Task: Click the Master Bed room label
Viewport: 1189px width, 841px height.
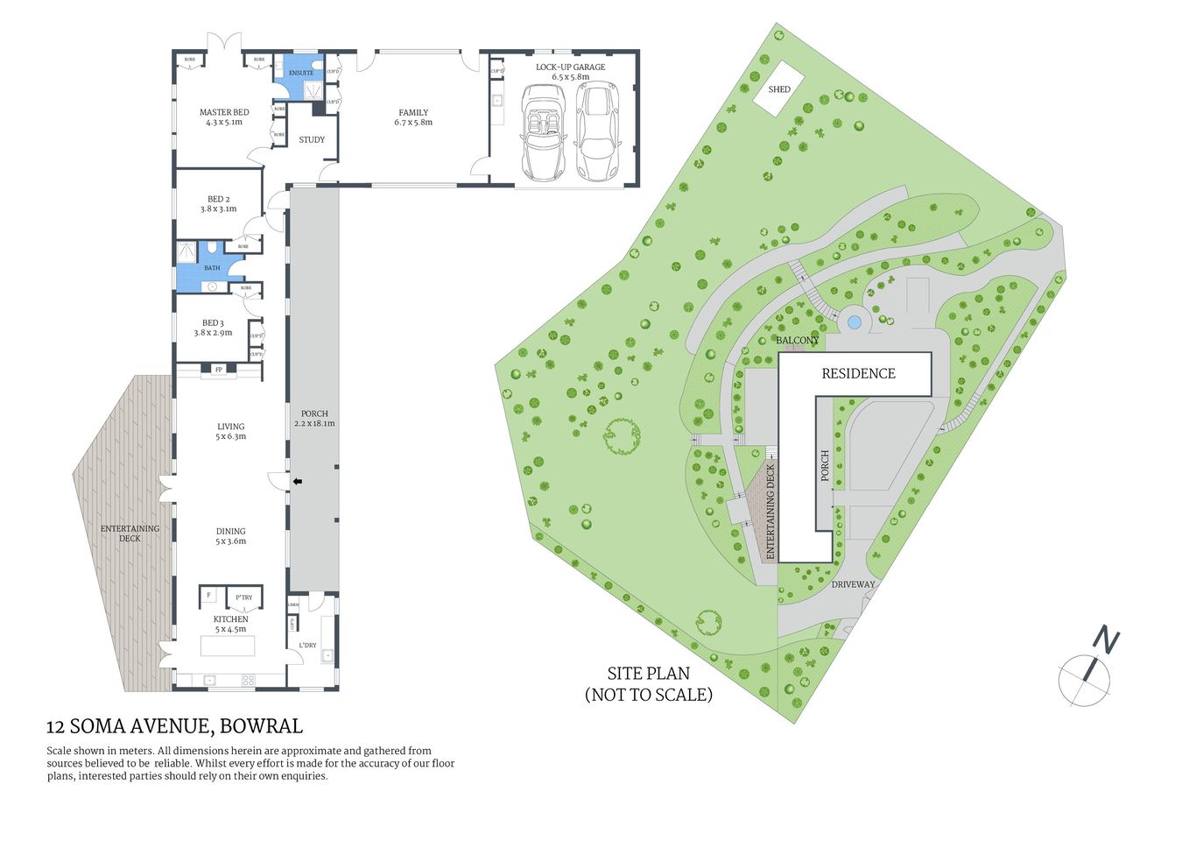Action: pyautogui.click(x=224, y=117)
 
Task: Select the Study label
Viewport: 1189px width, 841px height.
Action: pyautogui.click(x=312, y=140)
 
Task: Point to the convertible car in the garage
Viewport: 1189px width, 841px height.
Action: pyautogui.click(x=542, y=131)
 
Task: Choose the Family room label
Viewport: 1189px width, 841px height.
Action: pyautogui.click(x=413, y=117)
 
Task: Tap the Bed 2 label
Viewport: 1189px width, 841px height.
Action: pyautogui.click(x=218, y=204)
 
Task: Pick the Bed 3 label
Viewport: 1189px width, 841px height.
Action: pyautogui.click(x=213, y=328)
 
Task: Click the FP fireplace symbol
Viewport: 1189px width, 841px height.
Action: pyautogui.click(x=219, y=370)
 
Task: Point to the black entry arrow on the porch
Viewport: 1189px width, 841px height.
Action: pyautogui.click(x=297, y=481)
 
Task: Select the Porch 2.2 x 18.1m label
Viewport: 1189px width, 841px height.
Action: pyautogui.click(x=314, y=419)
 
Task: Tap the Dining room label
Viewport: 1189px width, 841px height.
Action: pyautogui.click(x=231, y=536)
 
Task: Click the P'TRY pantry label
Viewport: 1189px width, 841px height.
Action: pyautogui.click(x=243, y=598)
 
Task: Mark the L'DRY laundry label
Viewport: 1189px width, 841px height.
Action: pyautogui.click(x=307, y=646)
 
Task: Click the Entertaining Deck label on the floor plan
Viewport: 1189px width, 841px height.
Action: pyautogui.click(x=130, y=533)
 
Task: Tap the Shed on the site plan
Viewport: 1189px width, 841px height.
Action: pyautogui.click(x=778, y=89)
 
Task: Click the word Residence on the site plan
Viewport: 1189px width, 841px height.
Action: pyautogui.click(x=858, y=374)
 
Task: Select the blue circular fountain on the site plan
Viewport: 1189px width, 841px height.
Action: pyautogui.click(x=855, y=322)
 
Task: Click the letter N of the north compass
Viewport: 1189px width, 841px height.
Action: pyautogui.click(x=1107, y=642)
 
